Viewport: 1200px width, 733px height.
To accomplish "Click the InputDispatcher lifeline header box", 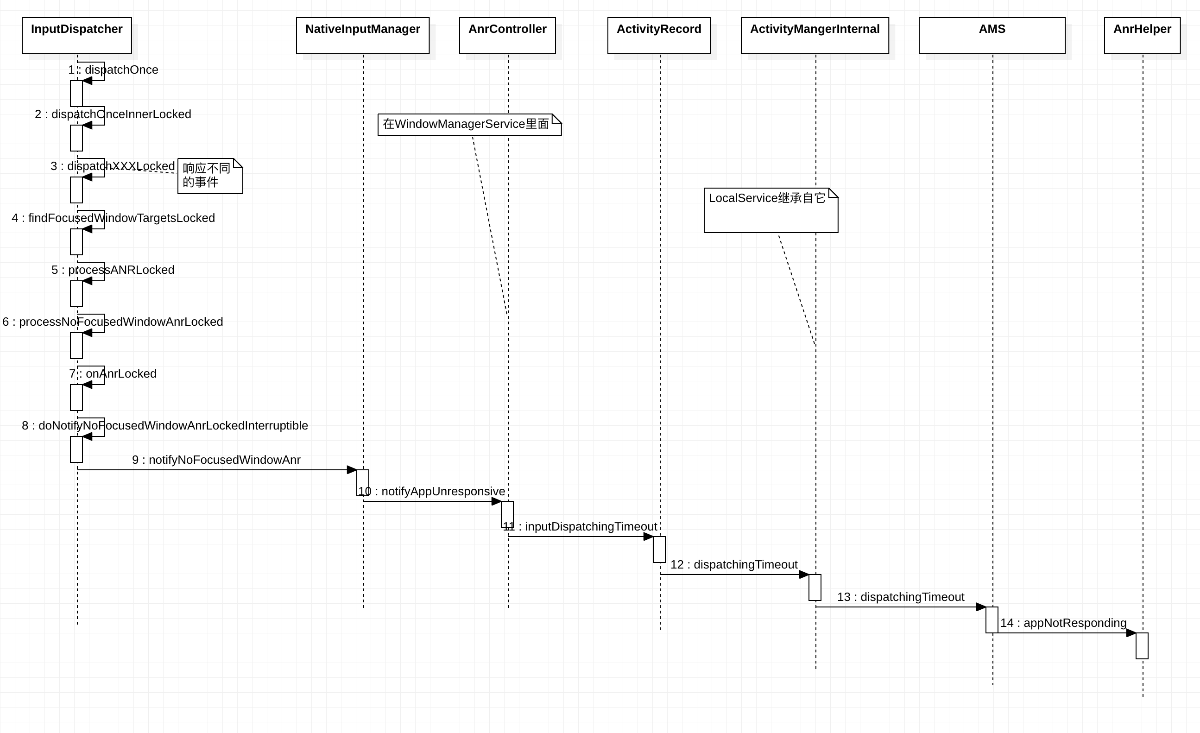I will (x=76, y=35).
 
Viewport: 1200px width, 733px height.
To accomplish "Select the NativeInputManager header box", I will (x=362, y=35).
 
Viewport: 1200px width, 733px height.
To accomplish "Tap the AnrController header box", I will (x=507, y=35).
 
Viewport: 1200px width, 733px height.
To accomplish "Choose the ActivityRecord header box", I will (x=658, y=35).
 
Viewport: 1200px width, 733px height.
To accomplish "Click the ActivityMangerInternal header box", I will (x=815, y=35).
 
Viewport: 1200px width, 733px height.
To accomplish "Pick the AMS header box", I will (x=992, y=35).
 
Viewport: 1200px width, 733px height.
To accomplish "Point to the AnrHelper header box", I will (x=1142, y=35).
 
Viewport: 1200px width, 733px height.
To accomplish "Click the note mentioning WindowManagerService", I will (x=468, y=124).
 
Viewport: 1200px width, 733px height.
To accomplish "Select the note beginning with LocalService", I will (x=771, y=210).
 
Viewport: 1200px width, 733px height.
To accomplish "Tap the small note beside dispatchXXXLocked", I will (x=209, y=176).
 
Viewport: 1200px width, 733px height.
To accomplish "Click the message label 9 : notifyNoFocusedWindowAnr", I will (x=216, y=460).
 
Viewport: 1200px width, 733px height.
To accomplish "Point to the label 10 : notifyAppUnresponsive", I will (x=431, y=491).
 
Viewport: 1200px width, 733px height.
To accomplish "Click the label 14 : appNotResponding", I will (x=1063, y=623).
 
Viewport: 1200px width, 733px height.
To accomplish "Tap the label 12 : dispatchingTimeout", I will (x=733, y=564).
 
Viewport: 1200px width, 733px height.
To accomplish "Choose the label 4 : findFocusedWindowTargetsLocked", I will (x=113, y=218).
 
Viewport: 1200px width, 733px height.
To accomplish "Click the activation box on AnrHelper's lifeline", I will (x=1142, y=645).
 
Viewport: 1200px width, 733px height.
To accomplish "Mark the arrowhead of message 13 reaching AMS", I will (x=981, y=607).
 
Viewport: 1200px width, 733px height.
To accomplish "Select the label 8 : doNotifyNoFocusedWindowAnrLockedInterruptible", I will (x=164, y=425).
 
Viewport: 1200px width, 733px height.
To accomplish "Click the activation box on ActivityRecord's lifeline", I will (x=658, y=550).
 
